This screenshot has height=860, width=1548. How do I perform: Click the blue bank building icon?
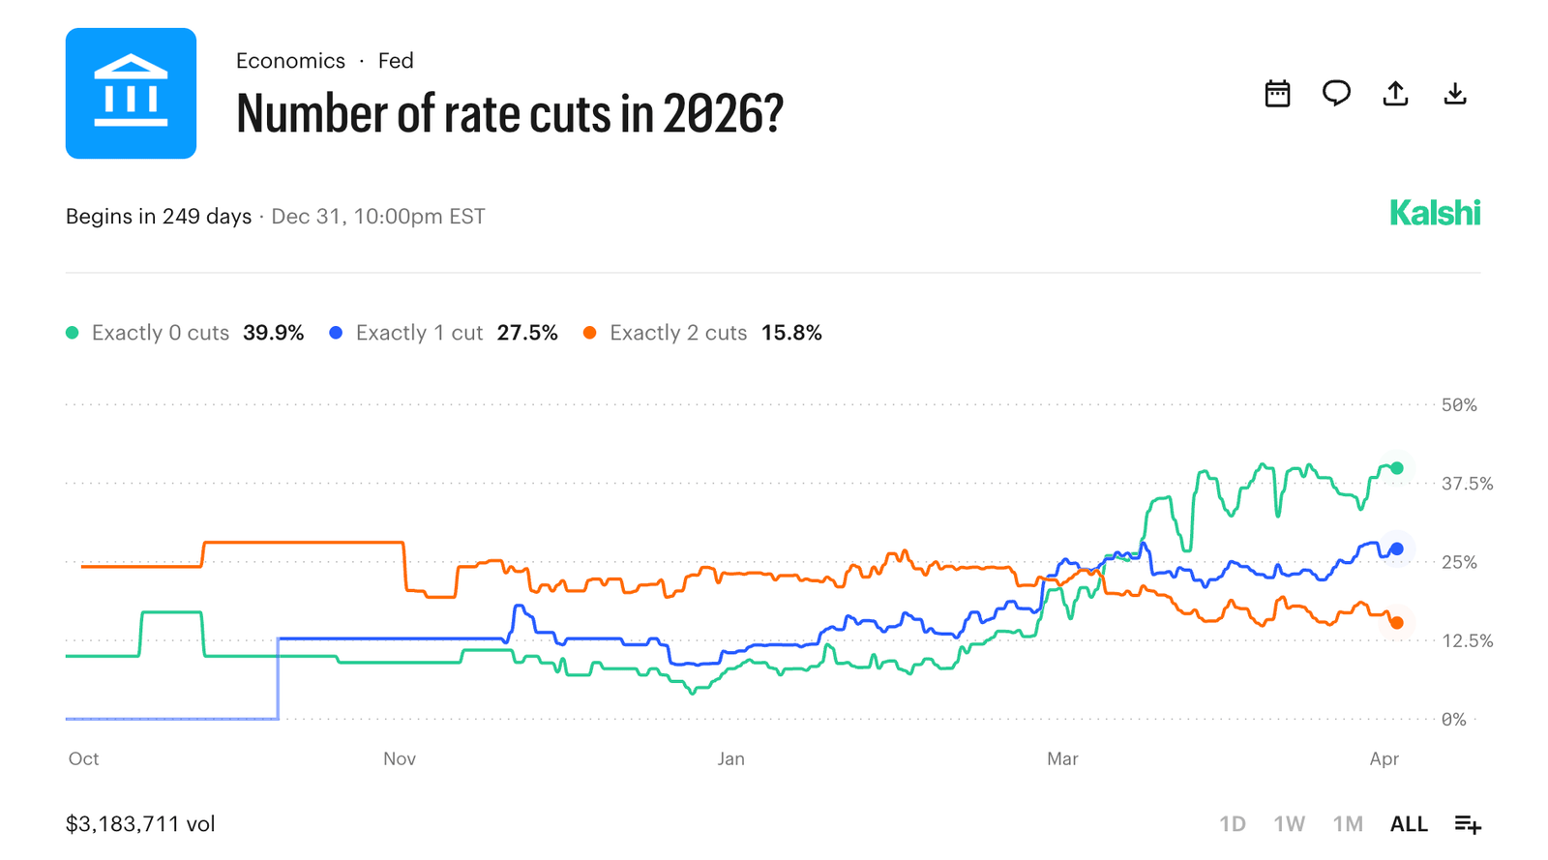click(x=131, y=93)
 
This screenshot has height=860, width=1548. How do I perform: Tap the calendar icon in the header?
click(x=1277, y=94)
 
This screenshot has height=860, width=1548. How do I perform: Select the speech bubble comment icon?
click(x=1336, y=94)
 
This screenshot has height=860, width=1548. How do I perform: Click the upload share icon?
click(x=1395, y=94)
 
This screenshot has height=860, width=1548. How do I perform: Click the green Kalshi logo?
click(x=1434, y=214)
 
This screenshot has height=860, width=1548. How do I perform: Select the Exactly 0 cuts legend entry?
click(x=160, y=333)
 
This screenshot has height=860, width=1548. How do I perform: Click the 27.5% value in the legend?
click(x=527, y=333)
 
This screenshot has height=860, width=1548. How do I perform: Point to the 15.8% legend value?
click(x=791, y=333)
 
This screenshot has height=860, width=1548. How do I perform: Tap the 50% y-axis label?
click(x=1459, y=405)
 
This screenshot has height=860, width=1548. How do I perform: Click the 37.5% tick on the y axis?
click(x=1467, y=484)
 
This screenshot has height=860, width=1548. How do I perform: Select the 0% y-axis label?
click(x=1453, y=720)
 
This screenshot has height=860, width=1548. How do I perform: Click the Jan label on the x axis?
click(x=730, y=759)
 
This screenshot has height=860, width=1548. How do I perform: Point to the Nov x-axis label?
click(x=399, y=759)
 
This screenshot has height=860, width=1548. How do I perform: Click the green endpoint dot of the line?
click(x=1396, y=468)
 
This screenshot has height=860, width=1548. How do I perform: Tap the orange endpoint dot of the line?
click(x=1396, y=623)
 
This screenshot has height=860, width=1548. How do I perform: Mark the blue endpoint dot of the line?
click(x=1396, y=549)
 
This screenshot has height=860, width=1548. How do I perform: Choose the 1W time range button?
click(x=1289, y=824)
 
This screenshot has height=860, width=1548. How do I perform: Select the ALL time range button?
click(x=1409, y=824)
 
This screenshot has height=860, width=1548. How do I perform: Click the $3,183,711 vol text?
click(x=140, y=824)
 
